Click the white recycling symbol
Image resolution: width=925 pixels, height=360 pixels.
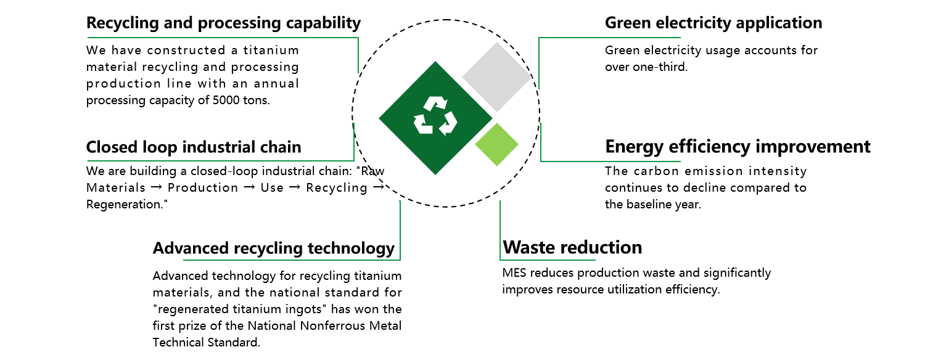point(435,116)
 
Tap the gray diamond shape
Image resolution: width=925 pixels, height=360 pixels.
point(497,77)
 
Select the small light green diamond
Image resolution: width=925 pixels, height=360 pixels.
point(497,144)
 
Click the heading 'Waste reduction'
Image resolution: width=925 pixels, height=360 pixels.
point(572,247)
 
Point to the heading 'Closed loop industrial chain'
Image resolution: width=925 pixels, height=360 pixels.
point(194,147)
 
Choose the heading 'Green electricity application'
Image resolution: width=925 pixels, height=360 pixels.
point(713,23)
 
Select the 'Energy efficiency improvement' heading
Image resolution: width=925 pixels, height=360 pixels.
point(738,147)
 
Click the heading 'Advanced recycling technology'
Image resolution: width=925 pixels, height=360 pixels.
point(274,248)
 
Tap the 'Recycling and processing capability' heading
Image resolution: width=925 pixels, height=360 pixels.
point(223,23)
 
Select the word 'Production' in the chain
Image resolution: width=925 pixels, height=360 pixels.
point(203,188)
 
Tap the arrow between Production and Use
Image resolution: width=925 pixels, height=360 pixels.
point(249,187)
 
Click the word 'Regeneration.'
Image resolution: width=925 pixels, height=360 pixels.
point(127,205)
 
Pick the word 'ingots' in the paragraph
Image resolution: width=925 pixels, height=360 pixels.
point(307,309)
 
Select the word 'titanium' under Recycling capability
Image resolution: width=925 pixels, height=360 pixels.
point(271,51)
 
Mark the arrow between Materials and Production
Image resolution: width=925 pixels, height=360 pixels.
point(157,187)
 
